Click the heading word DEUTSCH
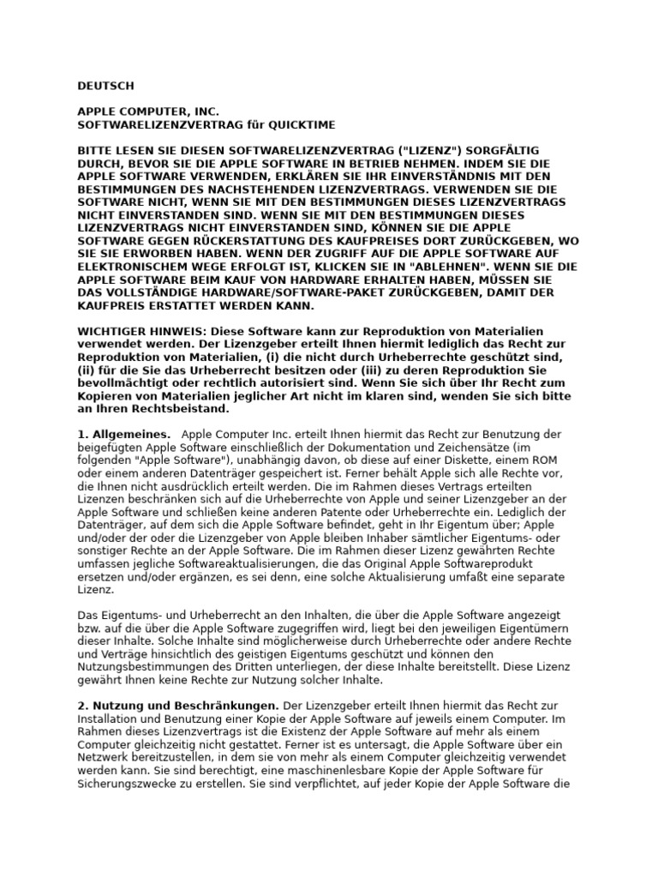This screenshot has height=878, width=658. pyautogui.click(x=106, y=86)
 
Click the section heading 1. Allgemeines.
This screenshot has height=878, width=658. pyautogui.click(x=124, y=436)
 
